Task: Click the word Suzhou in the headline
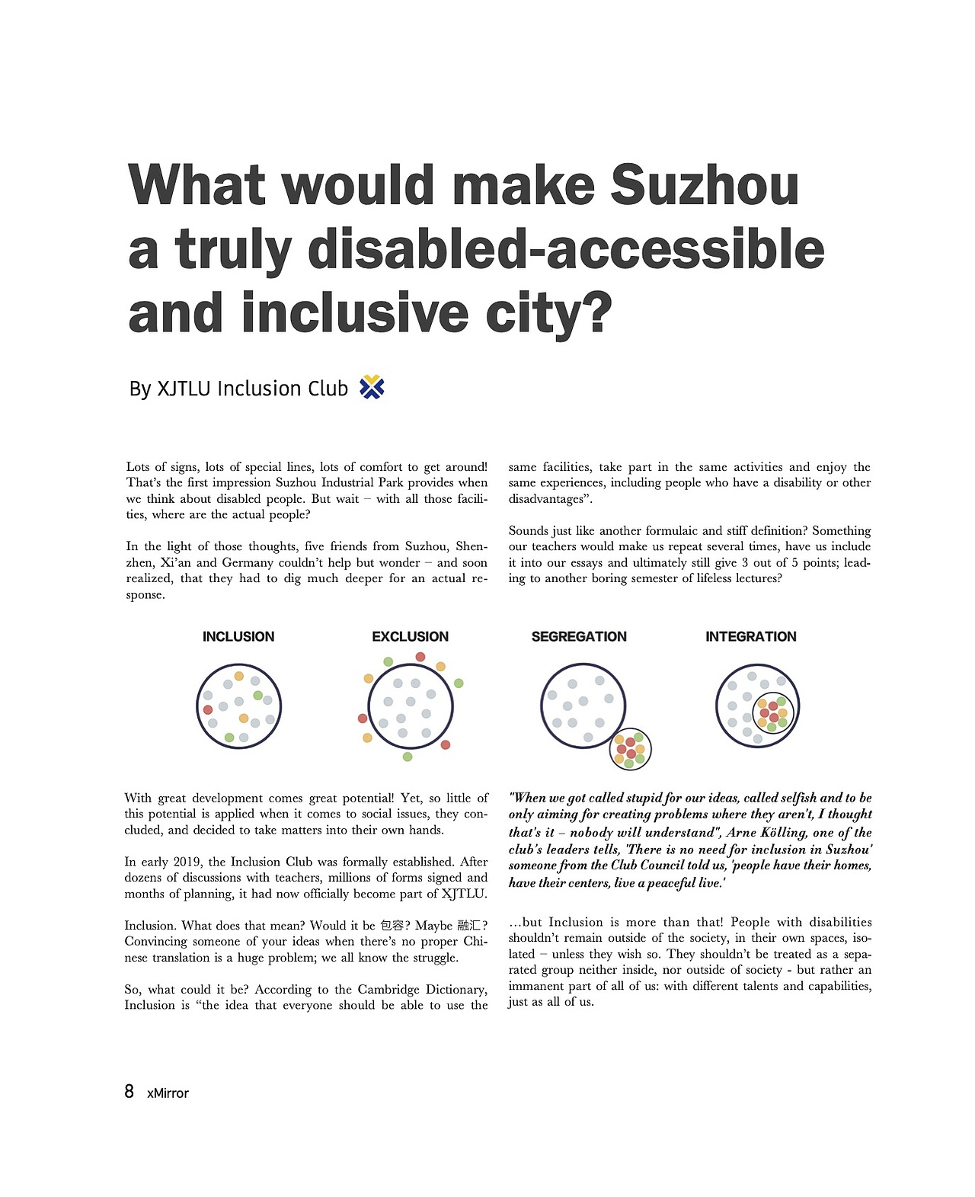click(705, 185)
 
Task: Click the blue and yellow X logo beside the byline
click(372, 388)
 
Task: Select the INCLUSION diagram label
click(238, 637)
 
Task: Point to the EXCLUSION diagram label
click(410, 637)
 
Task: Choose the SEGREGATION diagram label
click(579, 637)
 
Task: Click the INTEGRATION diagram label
click(750, 637)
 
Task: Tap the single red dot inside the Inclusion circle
click(208, 709)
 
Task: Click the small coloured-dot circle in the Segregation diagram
click(631, 749)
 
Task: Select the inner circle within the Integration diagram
click(773, 714)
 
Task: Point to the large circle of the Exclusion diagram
click(411, 707)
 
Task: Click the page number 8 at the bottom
click(129, 1092)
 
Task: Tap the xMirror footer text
click(168, 1093)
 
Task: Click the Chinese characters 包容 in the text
click(395, 926)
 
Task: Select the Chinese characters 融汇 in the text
click(469, 926)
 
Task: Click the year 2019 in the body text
click(187, 862)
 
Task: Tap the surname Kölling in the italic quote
click(782, 833)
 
